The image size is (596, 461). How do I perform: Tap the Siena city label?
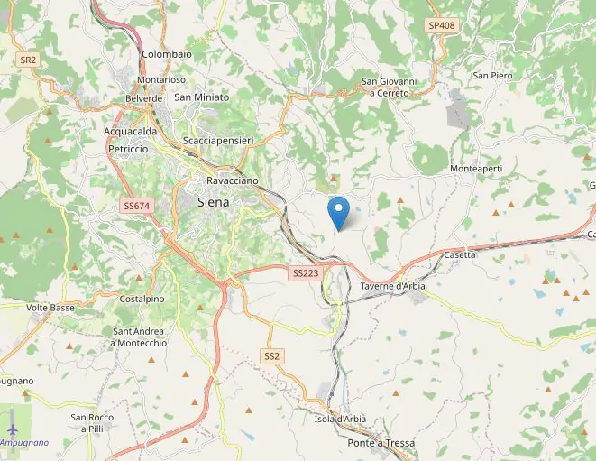(x=213, y=203)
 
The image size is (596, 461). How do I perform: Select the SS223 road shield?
(x=305, y=272)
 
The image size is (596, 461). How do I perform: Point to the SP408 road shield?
(x=441, y=25)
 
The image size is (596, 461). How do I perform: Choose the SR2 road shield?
(x=28, y=60)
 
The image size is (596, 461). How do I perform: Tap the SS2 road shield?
(x=271, y=356)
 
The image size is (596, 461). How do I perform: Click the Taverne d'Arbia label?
(x=392, y=287)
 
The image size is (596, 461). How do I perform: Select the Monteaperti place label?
(x=476, y=169)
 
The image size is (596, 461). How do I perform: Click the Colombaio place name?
(x=167, y=54)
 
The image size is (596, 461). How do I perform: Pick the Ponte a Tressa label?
(x=381, y=443)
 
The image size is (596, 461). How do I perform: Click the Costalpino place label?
(x=142, y=299)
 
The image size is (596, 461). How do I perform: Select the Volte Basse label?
(x=50, y=308)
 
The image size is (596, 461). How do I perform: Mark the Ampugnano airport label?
(x=24, y=443)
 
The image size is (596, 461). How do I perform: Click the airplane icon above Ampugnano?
(x=13, y=428)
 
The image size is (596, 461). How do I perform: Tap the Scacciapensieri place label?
(x=217, y=142)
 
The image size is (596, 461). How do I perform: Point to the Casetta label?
(x=460, y=255)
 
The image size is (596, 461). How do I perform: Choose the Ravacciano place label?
(x=232, y=180)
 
